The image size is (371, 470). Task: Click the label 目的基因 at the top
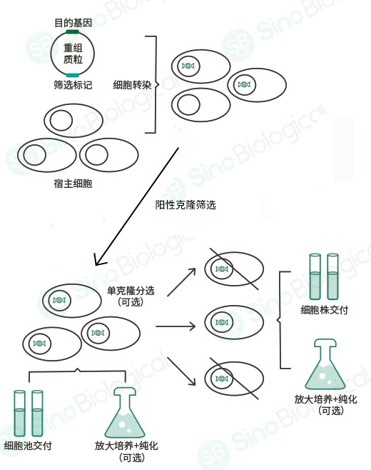pyautogui.click(x=73, y=23)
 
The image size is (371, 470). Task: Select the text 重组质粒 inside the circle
pyautogui.click(x=73, y=54)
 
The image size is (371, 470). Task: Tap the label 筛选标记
pyautogui.click(x=73, y=85)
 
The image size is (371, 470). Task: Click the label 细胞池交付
pyautogui.click(x=28, y=446)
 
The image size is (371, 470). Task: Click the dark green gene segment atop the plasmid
pyautogui.click(x=73, y=31)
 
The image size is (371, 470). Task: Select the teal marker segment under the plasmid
pyautogui.click(x=73, y=74)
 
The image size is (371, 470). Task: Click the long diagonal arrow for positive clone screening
pyautogui.click(x=138, y=203)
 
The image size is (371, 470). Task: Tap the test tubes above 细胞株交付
pyautogui.click(x=323, y=276)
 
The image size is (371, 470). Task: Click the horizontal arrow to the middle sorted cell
pyautogui.click(x=176, y=326)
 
